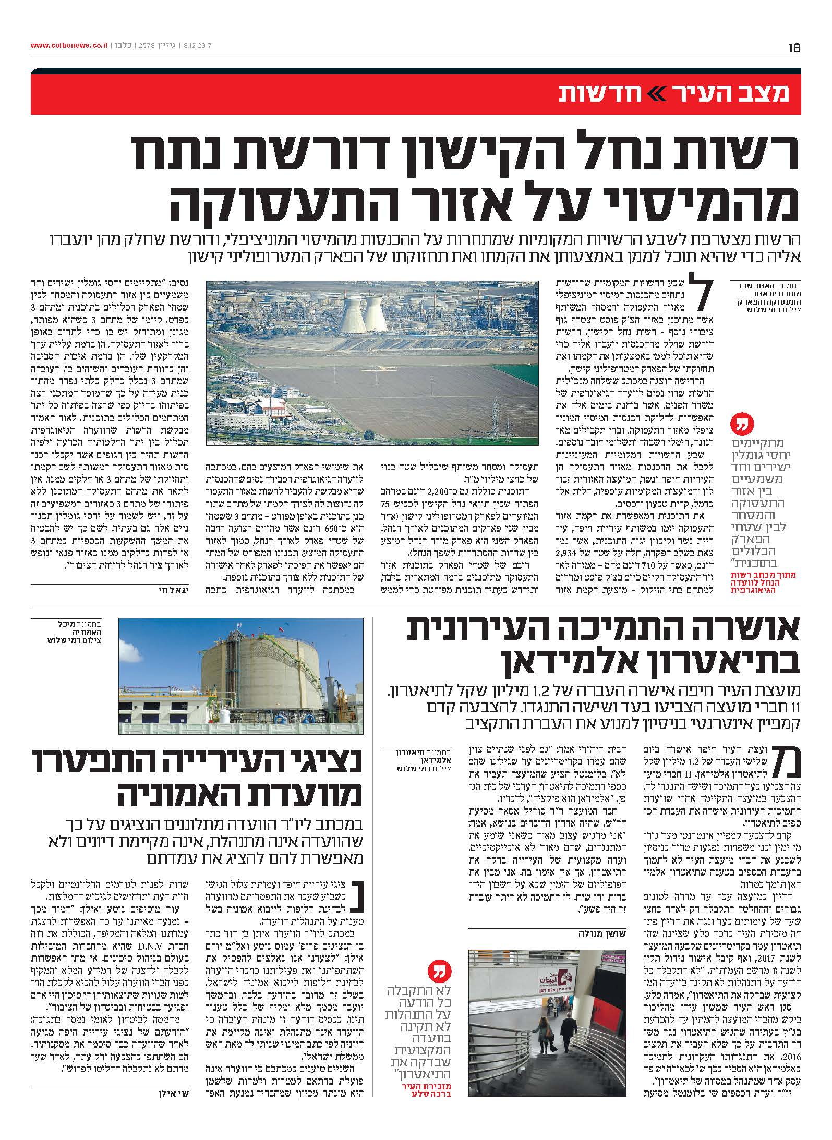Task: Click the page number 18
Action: (x=794, y=47)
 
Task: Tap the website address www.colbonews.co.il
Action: (x=68, y=46)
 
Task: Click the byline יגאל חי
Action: (x=44, y=591)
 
